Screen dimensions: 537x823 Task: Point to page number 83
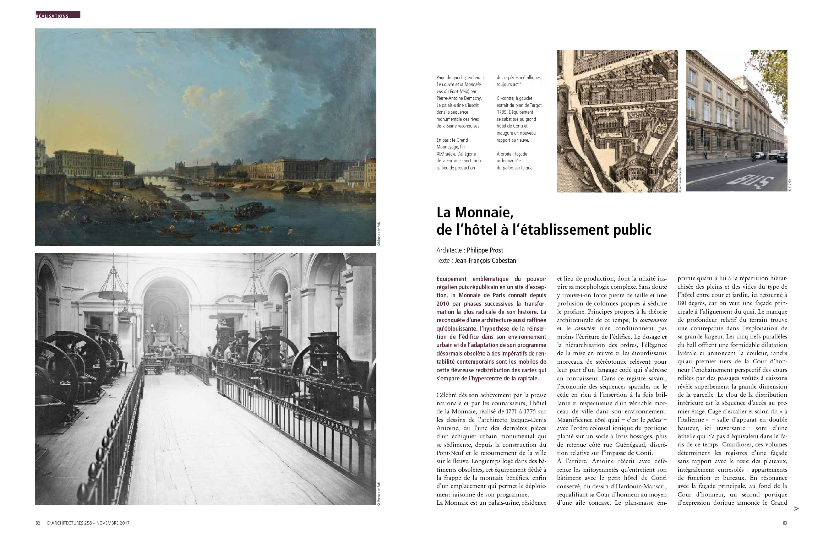coord(785,523)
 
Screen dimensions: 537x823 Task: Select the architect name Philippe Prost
coord(485,250)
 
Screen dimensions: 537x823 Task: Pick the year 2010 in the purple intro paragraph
coord(444,304)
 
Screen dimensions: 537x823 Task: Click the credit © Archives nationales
coord(680,180)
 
